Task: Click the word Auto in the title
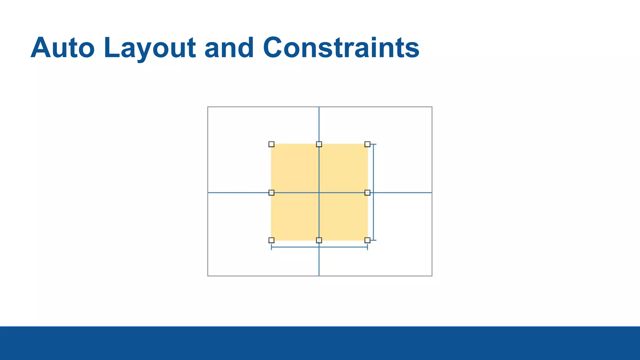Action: click(62, 48)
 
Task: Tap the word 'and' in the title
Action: click(229, 48)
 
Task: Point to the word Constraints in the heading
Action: click(341, 48)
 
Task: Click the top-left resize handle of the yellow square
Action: click(271, 144)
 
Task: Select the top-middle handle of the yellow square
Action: click(319, 144)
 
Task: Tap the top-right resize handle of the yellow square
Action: click(367, 144)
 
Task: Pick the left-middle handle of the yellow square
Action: click(271, 192)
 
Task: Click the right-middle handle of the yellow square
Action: click(367, 192)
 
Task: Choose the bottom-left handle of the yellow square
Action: click(271, 240)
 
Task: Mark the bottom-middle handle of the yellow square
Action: click(319, 240)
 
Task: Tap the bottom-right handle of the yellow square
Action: click(367, 240)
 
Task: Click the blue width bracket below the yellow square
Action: click(294, 247)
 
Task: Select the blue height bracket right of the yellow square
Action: click(374, 169)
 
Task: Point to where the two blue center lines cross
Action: click(319, 192)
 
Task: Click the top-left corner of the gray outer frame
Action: click(208, 107)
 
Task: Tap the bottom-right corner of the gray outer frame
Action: click(432, 276)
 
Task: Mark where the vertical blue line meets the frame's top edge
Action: click(319, 107)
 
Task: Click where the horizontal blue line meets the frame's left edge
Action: click(208, 192)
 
